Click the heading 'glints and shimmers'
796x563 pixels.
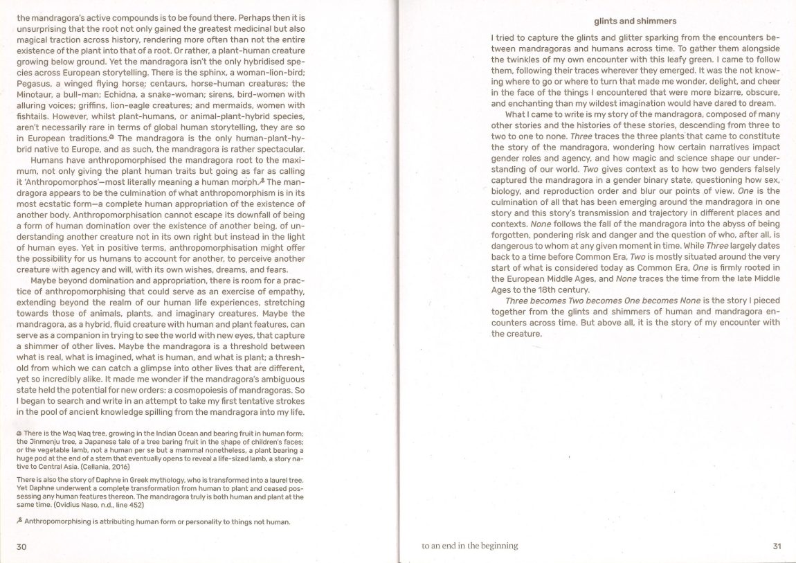click(635, 21)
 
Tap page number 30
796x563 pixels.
click(21, 546)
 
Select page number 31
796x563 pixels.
click(776, 546)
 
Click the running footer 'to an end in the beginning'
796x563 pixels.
click(469, 546)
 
